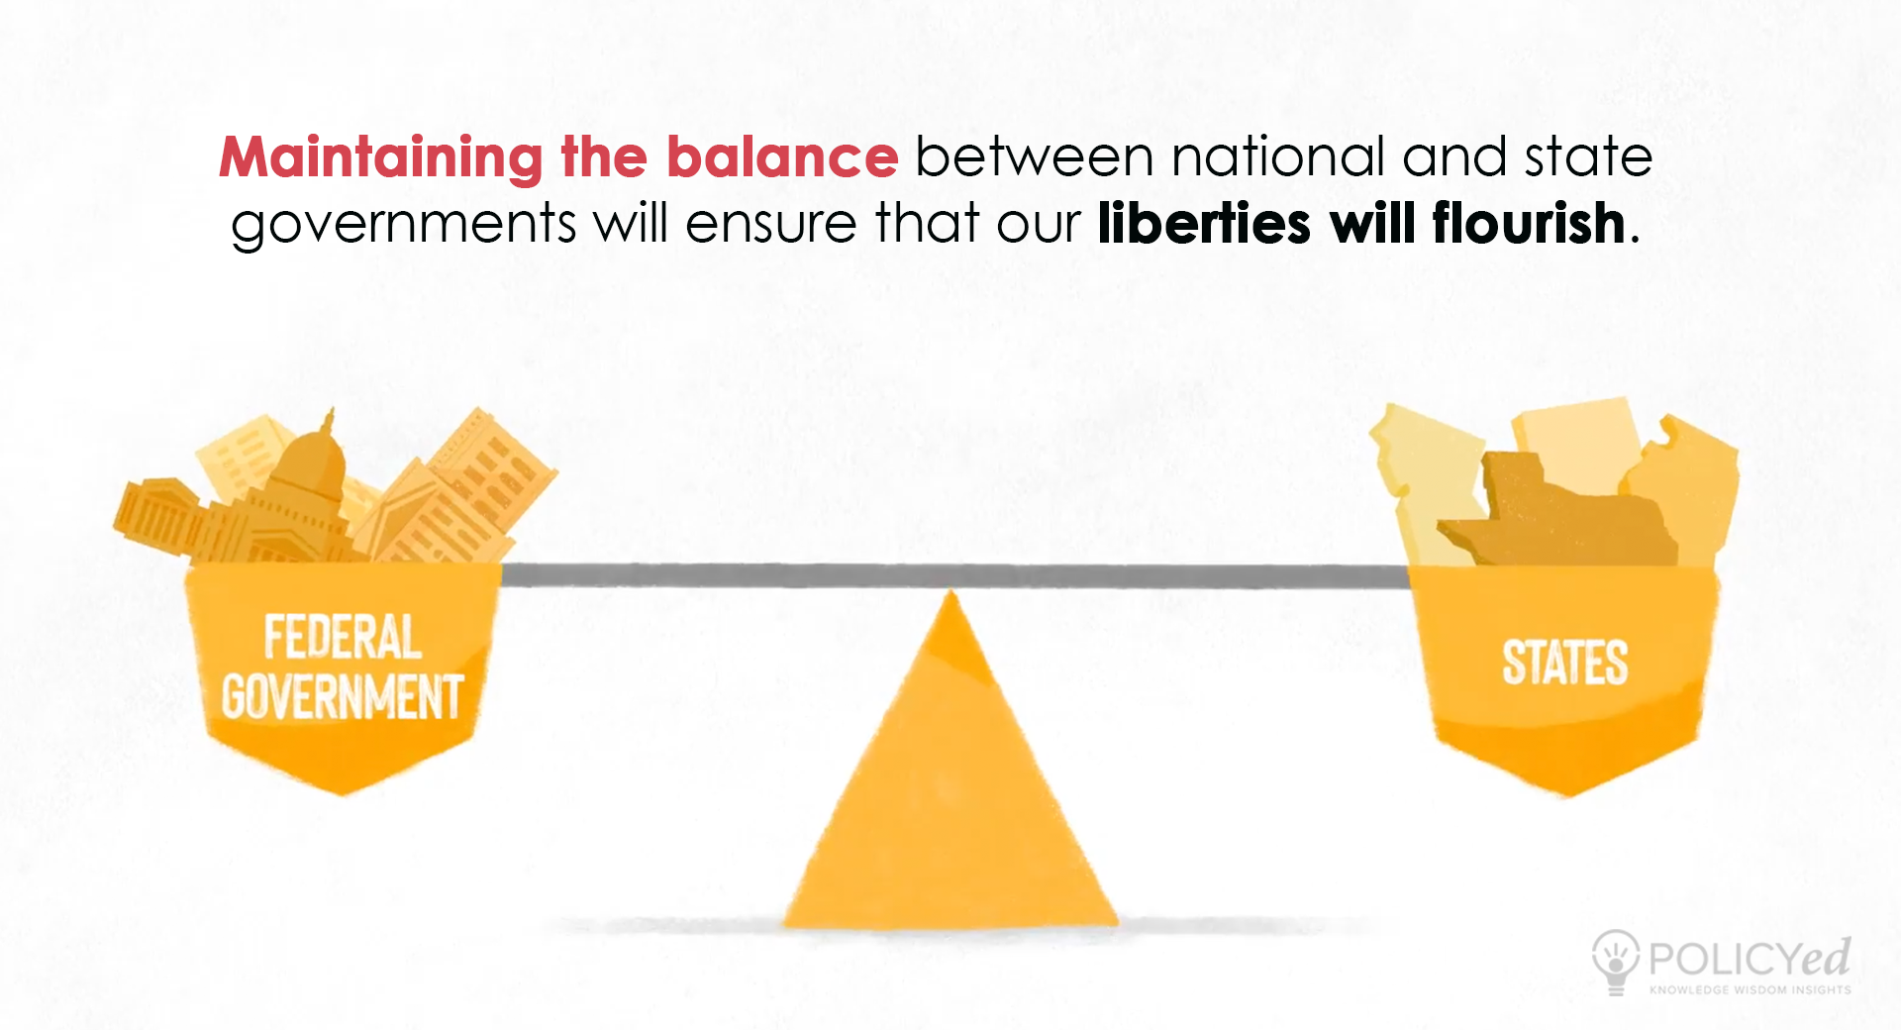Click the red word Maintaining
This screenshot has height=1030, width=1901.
[381, 158]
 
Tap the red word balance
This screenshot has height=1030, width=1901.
[782, 157]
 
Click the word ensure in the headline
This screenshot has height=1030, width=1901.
[771, 225]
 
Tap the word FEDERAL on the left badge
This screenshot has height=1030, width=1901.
[343, 637]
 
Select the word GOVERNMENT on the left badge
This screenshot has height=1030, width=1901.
[343, 696]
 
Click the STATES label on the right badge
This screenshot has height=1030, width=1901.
[1565, 663]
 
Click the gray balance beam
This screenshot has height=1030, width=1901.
[954, 575]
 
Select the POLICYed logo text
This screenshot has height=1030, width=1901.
[1750, 958]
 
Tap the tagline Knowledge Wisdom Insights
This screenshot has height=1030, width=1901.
[1750, 989]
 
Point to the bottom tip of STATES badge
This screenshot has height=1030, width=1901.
[1568, 796]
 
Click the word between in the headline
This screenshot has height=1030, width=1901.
[1035, 157]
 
